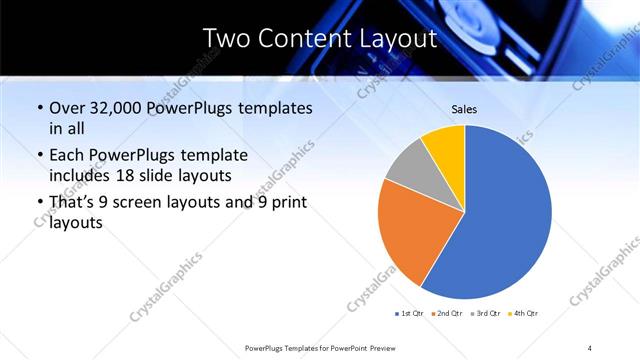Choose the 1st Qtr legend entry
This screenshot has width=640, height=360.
coord(411,314)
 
